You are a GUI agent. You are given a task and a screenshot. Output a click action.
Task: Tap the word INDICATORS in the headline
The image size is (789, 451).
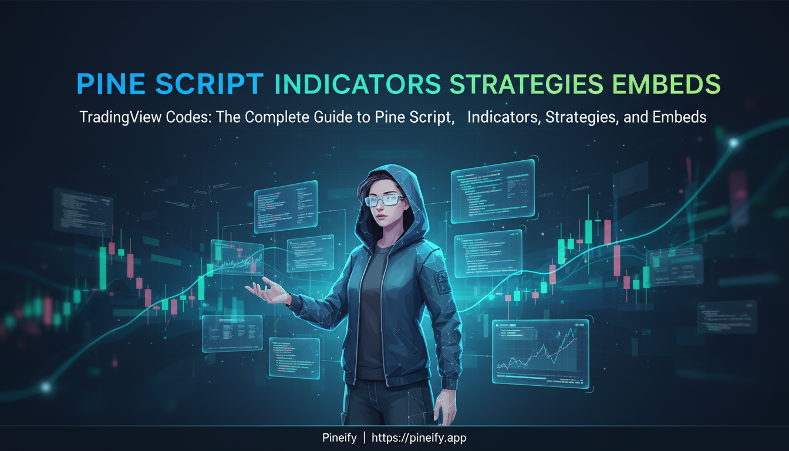click(x=358, y=85)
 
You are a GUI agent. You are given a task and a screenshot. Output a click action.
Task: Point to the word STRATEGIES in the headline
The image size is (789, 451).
click(x=525, y=85)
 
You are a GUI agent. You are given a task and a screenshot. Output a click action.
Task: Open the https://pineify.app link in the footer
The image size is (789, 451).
click(x=419, y=438)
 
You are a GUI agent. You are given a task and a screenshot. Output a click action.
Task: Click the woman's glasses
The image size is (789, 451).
click(x=383, y=200)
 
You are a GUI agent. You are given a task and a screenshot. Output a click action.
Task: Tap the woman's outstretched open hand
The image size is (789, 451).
click(x=264, y=291)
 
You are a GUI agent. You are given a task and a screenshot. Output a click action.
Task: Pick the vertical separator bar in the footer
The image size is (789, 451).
click(x=365, y=438)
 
